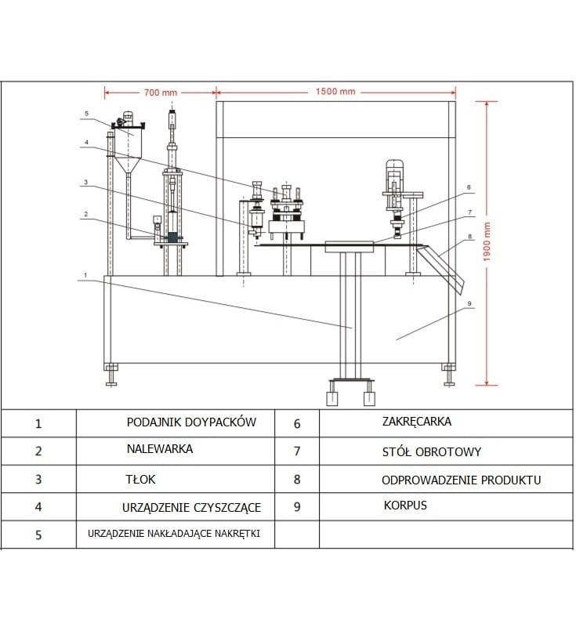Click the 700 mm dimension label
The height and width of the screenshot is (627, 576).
click(x=161, y=92)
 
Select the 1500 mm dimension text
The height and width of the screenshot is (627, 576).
click(x=335, y=92)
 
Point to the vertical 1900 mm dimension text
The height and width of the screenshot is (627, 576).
click(x=487, y=242)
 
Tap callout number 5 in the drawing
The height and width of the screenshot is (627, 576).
click(x=87, y=114)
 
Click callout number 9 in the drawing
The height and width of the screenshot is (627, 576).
click(x=469, y=303)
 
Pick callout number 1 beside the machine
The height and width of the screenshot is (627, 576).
click(x=85, y=275)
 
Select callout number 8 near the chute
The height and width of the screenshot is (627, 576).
click(x=469, y=237)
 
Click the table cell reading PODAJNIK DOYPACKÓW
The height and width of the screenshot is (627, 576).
click(x=191, y=422)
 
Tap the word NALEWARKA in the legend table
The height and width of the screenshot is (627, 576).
click(x=160, y=449)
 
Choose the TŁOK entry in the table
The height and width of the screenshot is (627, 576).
click(x=140, y=479)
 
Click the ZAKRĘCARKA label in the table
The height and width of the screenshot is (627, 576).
click(x=416, y=422)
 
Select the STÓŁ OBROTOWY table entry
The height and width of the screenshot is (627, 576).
click(x=431, y=452)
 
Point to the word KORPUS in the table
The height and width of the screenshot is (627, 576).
click(x=405, y=505)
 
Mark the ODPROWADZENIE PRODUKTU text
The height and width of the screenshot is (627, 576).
click(x=462, y=480)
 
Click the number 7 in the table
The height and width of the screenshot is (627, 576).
click(x=297, y=451)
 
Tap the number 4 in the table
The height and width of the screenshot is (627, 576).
click(x=38, y=507)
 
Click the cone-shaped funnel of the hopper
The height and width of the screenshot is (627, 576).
click(x=128, y=165)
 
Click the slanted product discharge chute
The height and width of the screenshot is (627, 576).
click(x=441, y=266)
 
